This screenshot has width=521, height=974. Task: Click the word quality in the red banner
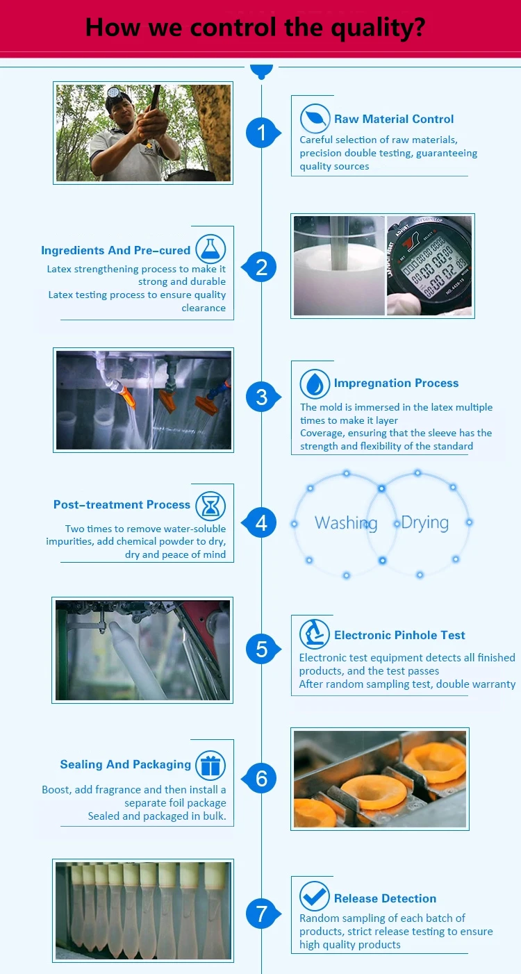coord(377,28)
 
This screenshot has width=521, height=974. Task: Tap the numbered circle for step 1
coord(262,133)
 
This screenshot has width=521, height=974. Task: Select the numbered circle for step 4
coord(261,522)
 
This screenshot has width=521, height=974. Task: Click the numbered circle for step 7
coord(262,914)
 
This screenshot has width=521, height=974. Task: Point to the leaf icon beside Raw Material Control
coord(315,118)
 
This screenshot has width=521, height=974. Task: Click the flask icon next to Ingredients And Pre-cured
coord(210,249)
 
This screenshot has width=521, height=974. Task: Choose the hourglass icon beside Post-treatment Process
coord(210,506)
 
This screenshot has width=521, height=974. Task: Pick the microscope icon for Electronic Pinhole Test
coord(315,634)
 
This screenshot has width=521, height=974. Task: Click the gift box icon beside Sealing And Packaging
coord(210,766)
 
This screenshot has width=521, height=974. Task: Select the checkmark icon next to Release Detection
coord(315,896)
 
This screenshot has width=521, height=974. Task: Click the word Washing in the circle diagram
coord(346,522)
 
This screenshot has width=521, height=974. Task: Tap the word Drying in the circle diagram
coord(425,522)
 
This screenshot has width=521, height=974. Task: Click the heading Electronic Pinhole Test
coord(399,635)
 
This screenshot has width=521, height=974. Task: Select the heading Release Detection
coord(385,898)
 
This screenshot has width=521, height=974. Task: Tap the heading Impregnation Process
coord(396,383)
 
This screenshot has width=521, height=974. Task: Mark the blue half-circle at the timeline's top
coord(261,71)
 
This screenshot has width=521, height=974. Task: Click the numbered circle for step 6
coord(261,778)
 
